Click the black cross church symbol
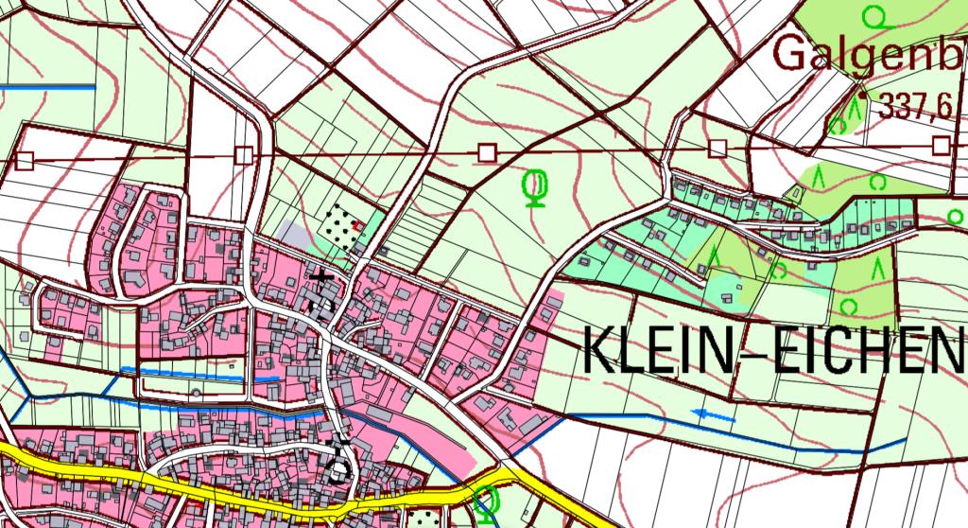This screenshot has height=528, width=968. (324, 277)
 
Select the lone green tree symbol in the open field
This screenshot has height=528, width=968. (536, 185)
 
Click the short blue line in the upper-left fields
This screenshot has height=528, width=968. (47, 87)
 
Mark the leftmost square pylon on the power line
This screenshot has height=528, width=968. (25, 160)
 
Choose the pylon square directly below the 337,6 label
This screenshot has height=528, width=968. (941, 144)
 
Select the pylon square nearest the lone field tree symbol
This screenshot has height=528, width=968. (488, 151)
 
